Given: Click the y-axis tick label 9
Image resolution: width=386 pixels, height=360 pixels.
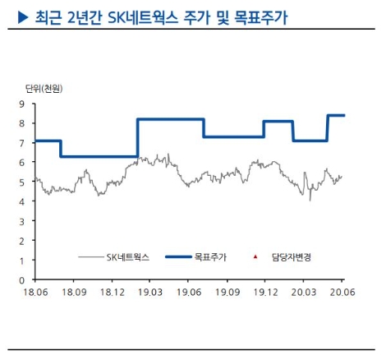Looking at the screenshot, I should point(22,104).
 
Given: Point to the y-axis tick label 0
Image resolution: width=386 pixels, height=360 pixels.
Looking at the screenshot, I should point(22,280).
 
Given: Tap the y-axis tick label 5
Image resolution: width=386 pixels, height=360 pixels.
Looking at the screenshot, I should point(22,182).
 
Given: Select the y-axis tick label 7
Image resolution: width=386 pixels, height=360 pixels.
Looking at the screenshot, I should point(22,143).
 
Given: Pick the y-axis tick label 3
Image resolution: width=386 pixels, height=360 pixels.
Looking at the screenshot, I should point(22,221).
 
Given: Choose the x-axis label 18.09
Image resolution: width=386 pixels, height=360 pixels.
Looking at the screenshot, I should point(74,292).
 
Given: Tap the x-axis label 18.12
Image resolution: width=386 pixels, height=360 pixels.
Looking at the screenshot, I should point(112,292).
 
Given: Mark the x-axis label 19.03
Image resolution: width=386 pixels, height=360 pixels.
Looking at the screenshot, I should point(150,292).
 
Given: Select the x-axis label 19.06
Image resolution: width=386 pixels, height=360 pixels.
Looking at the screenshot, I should point(189,292).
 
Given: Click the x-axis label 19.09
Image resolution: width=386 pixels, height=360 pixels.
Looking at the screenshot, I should point(227,292).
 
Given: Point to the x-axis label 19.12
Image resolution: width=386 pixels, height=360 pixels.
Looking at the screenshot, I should point(266,292).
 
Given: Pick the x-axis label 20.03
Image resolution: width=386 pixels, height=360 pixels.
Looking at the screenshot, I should point(305,292).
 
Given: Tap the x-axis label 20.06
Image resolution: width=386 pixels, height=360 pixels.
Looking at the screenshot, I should point(342,292).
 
